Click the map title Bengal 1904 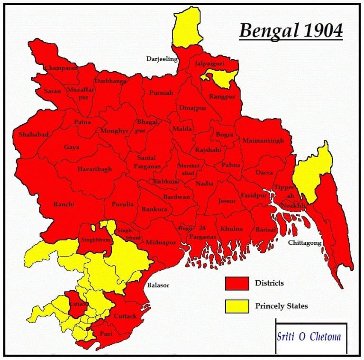click(291, 31)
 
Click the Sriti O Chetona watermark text click(309, 337)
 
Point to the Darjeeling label click(162, 59)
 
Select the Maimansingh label click(263, 141)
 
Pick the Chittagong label click(305, 243)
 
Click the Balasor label click(158, 286)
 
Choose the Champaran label click(61, 68)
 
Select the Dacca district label click(264, 173)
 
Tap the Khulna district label click(231, 229)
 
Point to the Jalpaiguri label click(209, 63)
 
